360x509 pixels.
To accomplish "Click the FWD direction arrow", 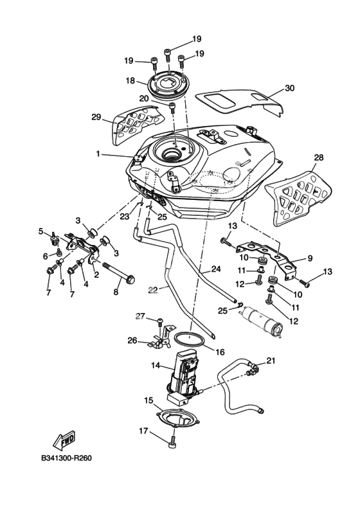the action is [x=64, y=440].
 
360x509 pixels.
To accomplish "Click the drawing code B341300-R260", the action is [x=66, y=458].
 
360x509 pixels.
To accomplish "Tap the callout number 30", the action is [x=289, y=87].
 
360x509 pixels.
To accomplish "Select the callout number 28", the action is [x=319, y=157].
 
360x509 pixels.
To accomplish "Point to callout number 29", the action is [x=96, y=117].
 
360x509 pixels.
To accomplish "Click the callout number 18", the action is [x=130, y=80].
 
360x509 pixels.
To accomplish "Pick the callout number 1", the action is [x=98, y=154].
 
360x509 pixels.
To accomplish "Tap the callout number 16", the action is [x=220, y=352].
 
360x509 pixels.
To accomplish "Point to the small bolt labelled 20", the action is [x=172, y=107].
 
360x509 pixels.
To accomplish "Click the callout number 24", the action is [x=216, y=269].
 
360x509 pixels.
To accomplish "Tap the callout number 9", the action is [x=310, y=258].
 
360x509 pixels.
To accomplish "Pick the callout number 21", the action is [x=271, y=361].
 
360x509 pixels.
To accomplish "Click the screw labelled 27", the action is [x=160, y=323].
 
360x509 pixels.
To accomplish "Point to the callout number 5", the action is [x=40, y=231].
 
